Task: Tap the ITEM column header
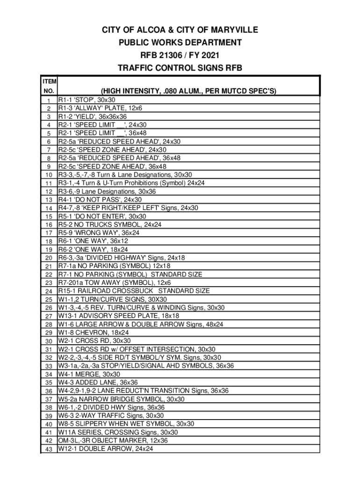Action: [49, 82]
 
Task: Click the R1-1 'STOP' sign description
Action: [86, 100]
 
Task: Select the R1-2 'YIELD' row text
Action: [92, 116]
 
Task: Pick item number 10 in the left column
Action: [49, 175]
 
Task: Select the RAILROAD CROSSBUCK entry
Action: [134, 291]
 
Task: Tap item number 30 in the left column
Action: [49, 341]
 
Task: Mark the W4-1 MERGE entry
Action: [89, 374]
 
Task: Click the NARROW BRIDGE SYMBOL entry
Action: [121, 399]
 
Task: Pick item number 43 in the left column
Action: [49, 449]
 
